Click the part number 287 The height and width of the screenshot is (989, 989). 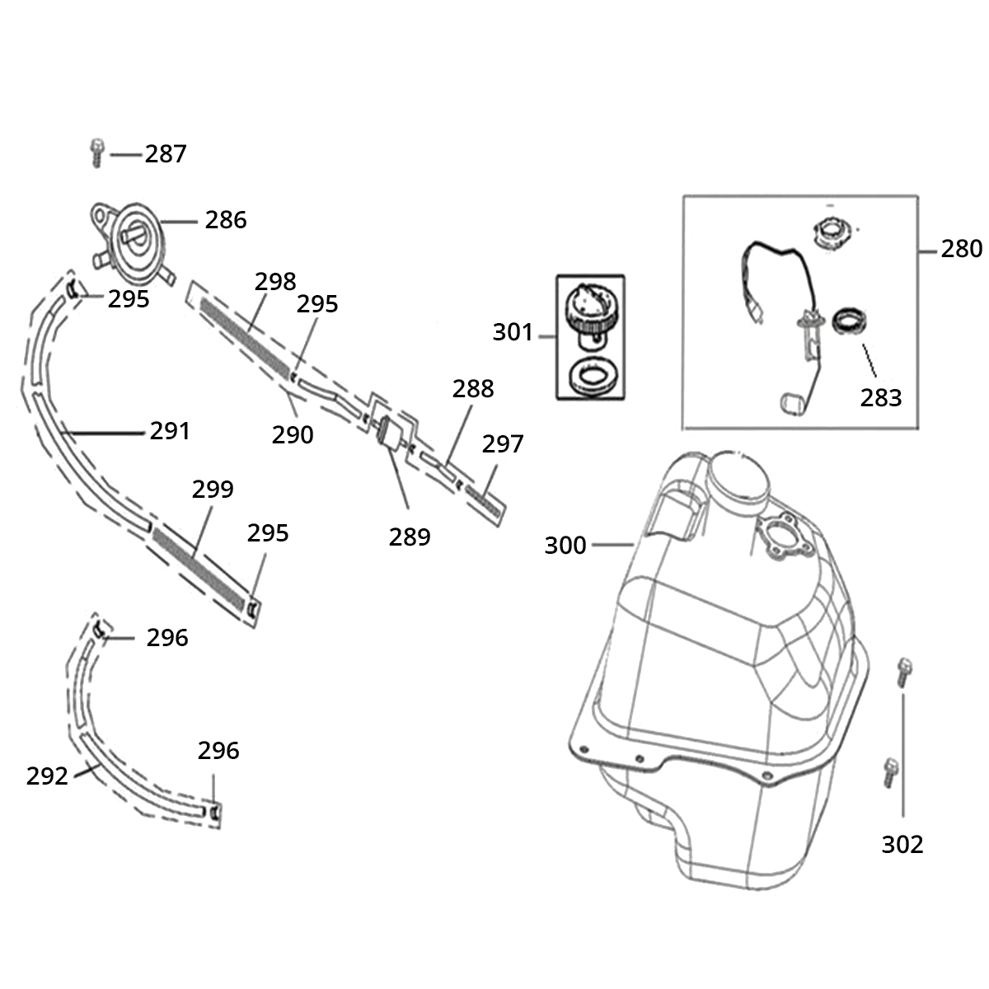pyautogui.click(x=166, y=154)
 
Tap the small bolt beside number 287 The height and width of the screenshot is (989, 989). pyautogui.click(x=97, y=152)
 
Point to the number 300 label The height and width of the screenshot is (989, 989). pyautogui.click(x=565, y=545)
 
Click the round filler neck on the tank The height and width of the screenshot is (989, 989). pyautogui.click(x=738, y=478)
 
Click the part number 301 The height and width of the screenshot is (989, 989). pyautogui.click(x=513, y=332)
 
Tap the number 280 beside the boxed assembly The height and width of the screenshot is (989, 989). pyautogui.click(x=961, y=249)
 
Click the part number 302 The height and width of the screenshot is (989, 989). pyautogui.click(x=902, y=844)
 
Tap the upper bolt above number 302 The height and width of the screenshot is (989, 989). pyautogui.click(x=904, y=673)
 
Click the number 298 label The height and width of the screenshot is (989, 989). pyautogui.click(x=275, y=282)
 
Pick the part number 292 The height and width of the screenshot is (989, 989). pyautogui.click(x=47, y=776)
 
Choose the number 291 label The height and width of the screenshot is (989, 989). pyautogui.click(x=170, y=431)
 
